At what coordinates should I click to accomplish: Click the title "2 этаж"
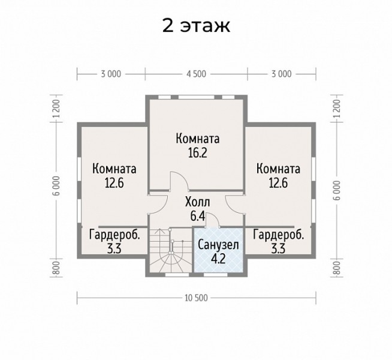pos(196,26)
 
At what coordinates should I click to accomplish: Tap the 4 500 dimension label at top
pos(196,74)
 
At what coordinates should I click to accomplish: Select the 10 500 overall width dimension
pos(196,298)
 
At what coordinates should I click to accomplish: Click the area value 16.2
pos(198,152)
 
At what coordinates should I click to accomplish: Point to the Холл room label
pos(198,202)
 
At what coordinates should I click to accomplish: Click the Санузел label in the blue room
pos(218,245)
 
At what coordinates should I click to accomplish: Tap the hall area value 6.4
pos(198,216)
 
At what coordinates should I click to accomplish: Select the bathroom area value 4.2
pos(218,259)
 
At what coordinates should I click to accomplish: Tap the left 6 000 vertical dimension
pos(57,186)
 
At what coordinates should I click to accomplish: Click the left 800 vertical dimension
pos(57,268)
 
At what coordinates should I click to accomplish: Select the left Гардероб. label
pos(114,235)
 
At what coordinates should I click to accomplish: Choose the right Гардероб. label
pos(279,235)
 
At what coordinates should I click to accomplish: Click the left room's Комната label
pos(114,169)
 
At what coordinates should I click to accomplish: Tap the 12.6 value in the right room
pos(279,183)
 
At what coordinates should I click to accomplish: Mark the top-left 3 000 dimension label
pos(111,74)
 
